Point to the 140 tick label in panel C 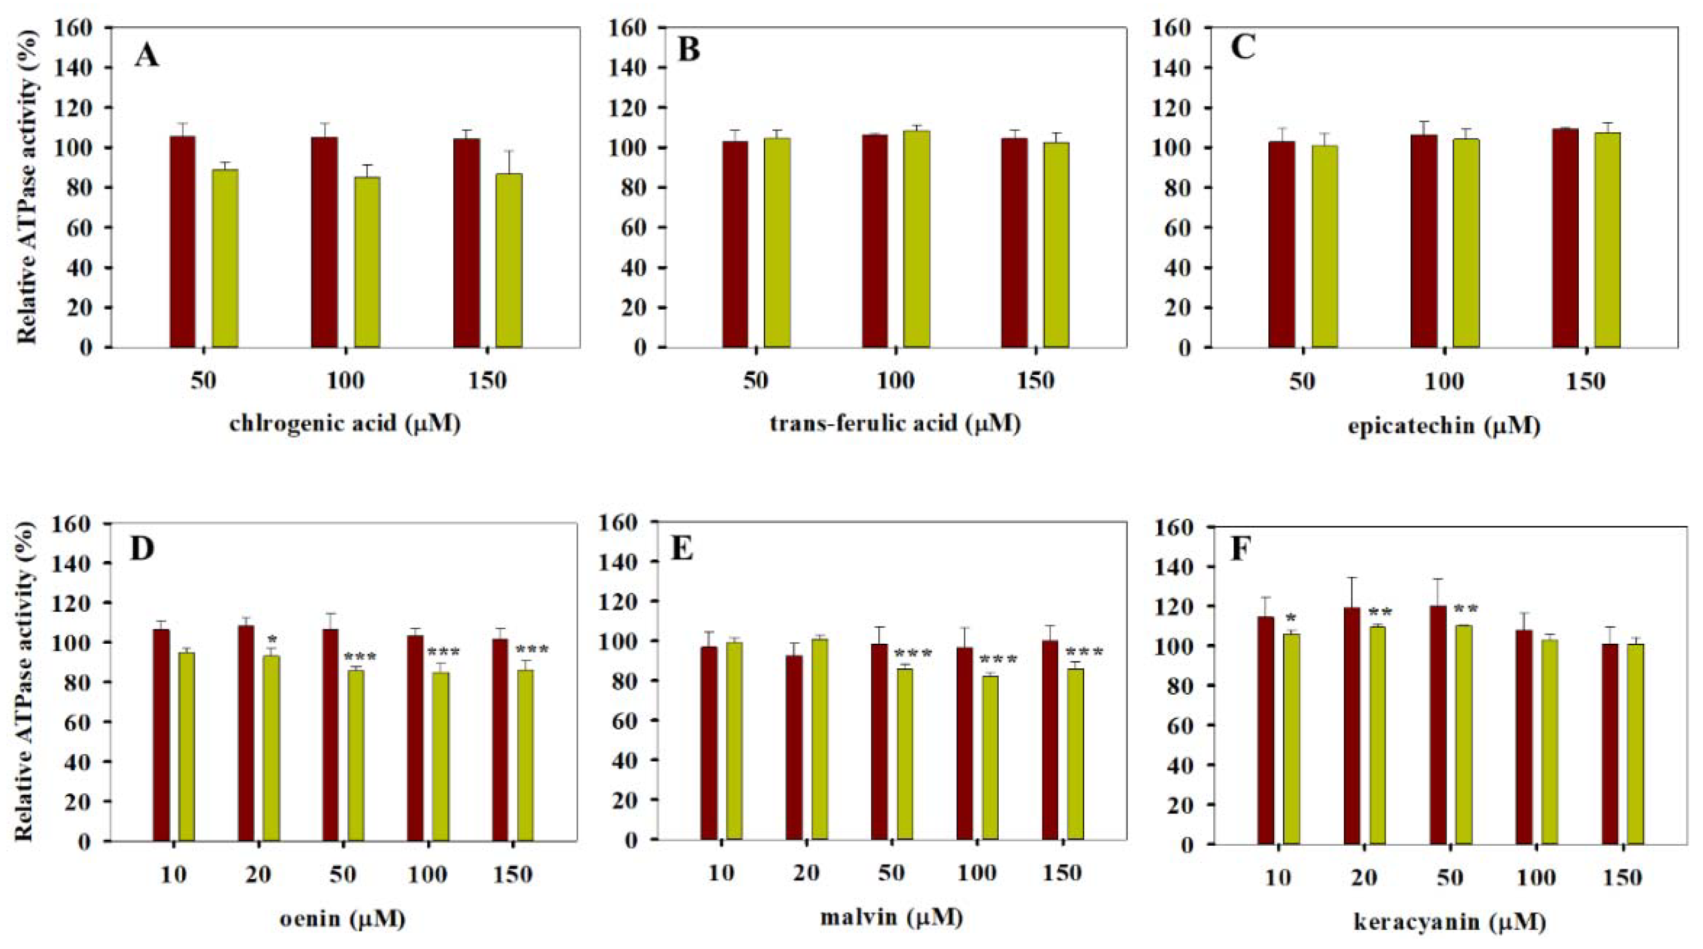pyautogui.click(x=1175, y=67)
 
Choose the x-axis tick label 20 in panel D pyautogui.click(x=258, y=874)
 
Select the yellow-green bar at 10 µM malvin pyautogui.click(x=734, y=740)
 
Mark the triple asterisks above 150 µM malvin pyautogui.click(x=1084, y=653)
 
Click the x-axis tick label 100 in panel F pyautogui.click(x=1535, y=878)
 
